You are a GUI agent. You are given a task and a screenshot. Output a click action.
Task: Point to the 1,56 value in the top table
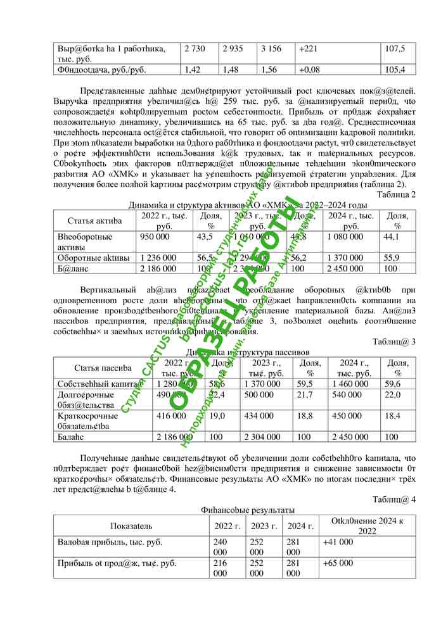[x=271, y=70]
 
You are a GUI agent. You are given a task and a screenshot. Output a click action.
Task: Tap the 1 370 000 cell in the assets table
[x=346, y=258]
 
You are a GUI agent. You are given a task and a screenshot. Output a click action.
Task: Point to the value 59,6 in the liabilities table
[x=393, y=384]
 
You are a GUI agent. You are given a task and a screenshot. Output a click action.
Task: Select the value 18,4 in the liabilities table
[x=393, y=416]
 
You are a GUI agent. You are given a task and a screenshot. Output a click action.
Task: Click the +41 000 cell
[x=338, y=542]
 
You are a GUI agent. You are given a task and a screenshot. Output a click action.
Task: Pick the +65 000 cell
[x=338, y=563]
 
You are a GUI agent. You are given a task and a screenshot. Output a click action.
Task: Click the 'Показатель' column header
[x=131, y=526]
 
